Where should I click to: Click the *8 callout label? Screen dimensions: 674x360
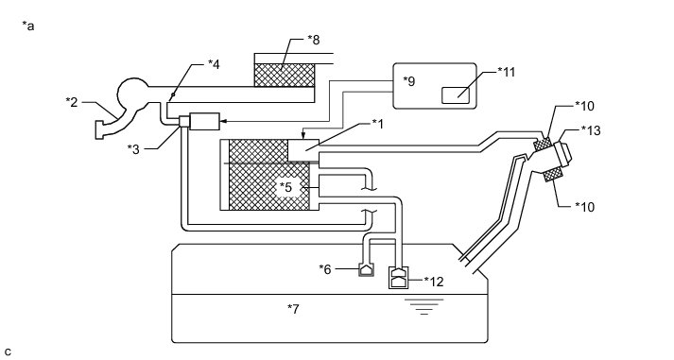click(314, 40)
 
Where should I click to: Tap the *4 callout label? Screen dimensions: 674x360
click(214, 64)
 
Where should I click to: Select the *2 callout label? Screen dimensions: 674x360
click(72, 102)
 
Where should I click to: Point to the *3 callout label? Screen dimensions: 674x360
click(133, 149)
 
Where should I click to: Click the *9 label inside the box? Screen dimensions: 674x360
click(409, 81)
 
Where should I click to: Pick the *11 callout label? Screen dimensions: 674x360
click(507, 72)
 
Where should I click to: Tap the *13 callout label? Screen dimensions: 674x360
click(591, 130)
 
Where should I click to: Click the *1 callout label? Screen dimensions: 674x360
click(377, 124)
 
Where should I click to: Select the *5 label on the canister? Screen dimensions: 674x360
click(285, 187)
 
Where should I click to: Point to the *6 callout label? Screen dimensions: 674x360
click(325, 269)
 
